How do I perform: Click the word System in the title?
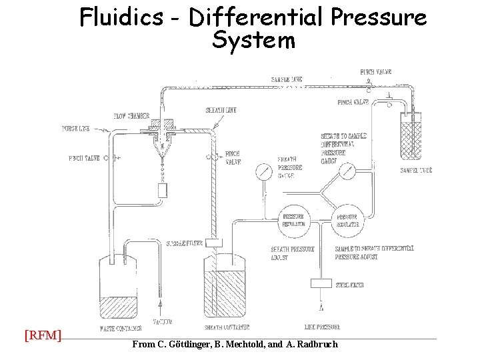[x=253, y=41]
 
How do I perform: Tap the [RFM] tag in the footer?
[x=43, y=335]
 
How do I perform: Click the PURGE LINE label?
[x=75, y=129]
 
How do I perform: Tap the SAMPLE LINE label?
[x=287, y=79]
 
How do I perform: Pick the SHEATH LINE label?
[x=221, y=110]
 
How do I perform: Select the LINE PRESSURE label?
[x=322, y=327]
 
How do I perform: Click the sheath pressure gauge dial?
[x=264, y=172]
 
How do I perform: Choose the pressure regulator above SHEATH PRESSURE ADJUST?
[x=294, y=220]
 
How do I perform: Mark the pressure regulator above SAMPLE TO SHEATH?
[x=347, y=220]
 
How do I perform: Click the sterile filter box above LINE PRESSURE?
[x=321, y=283]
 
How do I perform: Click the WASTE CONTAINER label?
[x=118, y=327]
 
